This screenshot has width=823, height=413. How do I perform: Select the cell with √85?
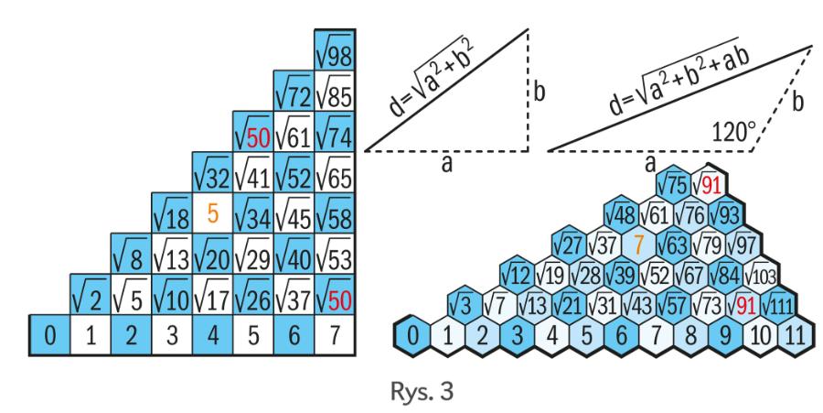point(332,92)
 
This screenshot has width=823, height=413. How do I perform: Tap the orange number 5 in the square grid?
point(212,212)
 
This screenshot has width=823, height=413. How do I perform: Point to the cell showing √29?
point(251,255)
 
